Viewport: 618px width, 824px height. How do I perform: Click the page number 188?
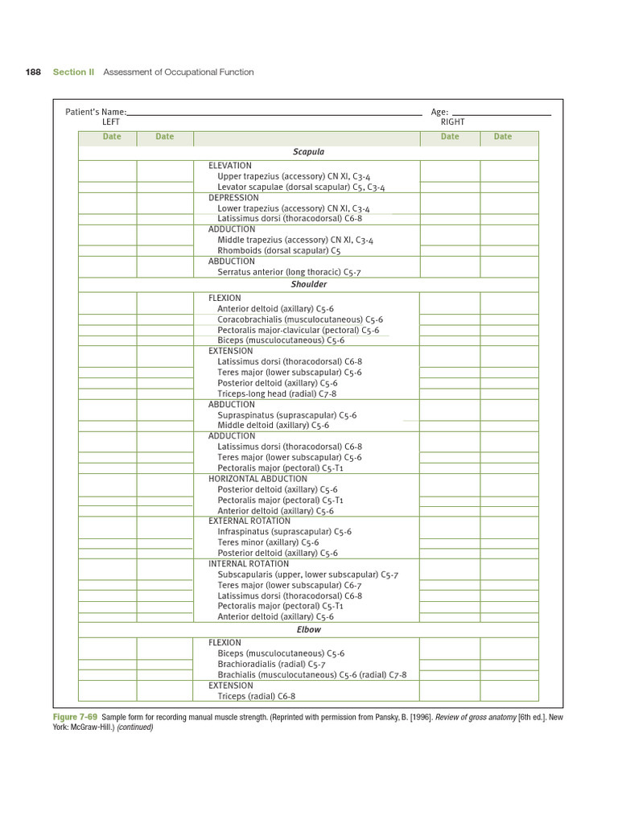33,72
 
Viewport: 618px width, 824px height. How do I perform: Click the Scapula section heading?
308,151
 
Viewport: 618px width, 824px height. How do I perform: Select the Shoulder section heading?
308,284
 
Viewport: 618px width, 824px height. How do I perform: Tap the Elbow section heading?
308,629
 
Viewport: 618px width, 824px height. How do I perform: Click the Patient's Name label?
96,112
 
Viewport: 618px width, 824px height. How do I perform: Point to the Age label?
439,112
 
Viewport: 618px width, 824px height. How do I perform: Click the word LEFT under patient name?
111,122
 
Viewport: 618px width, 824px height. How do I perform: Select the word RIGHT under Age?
452,122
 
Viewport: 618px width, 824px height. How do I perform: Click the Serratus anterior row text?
289,272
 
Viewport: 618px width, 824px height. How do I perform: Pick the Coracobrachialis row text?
299,319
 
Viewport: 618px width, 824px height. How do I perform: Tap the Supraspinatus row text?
286,415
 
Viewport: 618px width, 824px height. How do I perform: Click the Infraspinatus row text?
284,532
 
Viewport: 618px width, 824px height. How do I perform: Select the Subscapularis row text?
307,575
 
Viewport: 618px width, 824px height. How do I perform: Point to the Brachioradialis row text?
271,665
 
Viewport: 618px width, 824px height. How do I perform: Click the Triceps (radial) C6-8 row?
257,696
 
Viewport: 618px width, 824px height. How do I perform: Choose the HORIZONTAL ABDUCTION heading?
257,479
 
